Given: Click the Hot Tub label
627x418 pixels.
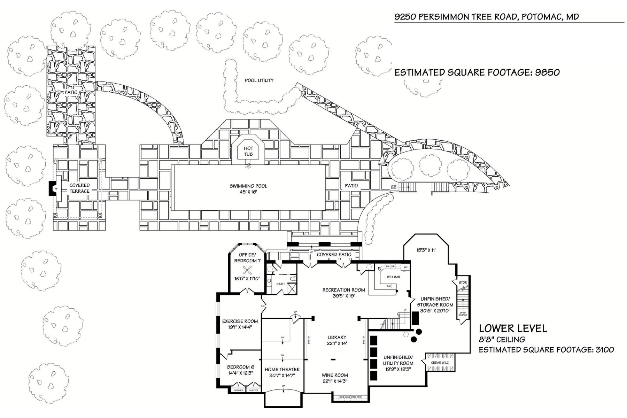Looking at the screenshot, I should [248, 152].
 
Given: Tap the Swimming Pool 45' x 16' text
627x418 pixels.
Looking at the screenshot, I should [248, 189].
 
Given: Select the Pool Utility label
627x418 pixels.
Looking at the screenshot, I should [259, 80].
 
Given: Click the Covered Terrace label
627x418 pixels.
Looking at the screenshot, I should [79, 188].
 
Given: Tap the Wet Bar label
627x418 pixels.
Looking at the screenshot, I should [393, 277].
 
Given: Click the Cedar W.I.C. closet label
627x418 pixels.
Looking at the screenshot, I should [440, 363].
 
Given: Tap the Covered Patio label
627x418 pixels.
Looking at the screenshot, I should [334, 255].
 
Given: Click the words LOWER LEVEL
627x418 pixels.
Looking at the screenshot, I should [513, 328].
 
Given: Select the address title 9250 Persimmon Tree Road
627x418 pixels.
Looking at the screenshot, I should [486, 17].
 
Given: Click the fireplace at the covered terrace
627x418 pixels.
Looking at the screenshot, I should [53, 188].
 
